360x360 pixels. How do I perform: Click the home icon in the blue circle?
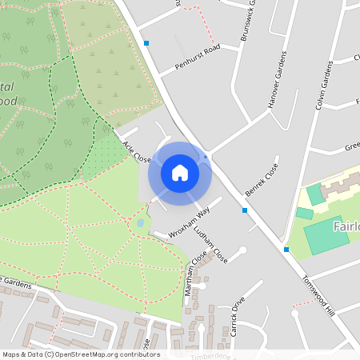(x=180, y=172)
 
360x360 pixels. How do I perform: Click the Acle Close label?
(x=138, y=151)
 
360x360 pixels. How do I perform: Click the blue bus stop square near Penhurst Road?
(x=146, y=43)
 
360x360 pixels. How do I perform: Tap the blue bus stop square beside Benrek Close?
(x=245, y=210)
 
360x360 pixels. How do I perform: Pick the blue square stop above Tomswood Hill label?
(x=286, y=250)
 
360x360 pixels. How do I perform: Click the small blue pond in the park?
(x=141, y=223)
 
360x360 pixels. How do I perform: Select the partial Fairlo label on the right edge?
(x=343, y=227)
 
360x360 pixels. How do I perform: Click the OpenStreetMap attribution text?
(x=81, y=354)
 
